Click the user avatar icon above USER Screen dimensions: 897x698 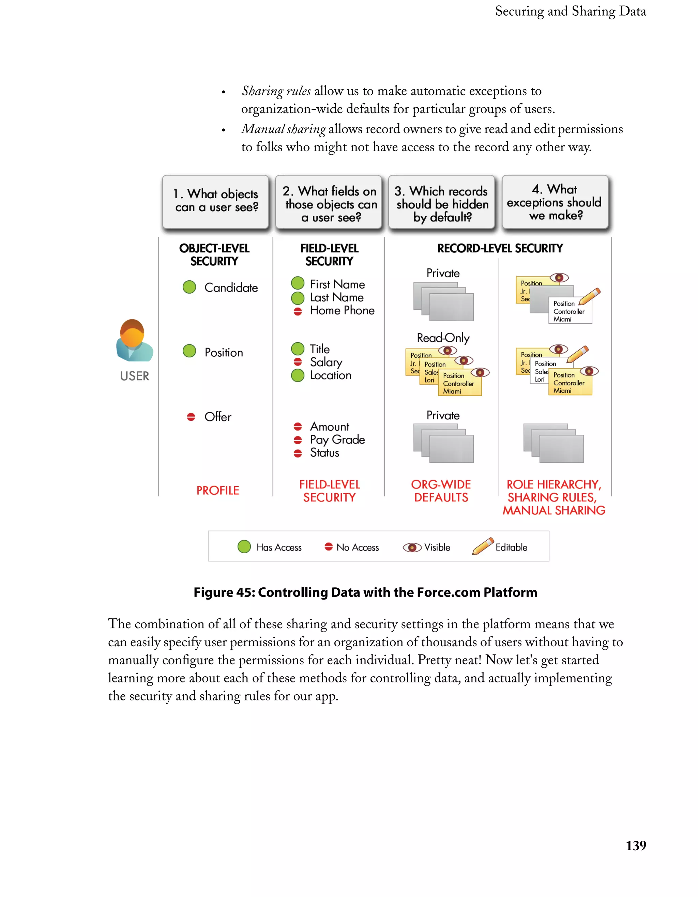tap(134, 340)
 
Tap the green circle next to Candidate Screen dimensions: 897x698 tap(189, 287)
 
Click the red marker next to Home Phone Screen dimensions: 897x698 tap(298, 311)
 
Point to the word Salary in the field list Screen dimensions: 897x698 tap(326, 362)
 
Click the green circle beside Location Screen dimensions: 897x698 tap(298, 375)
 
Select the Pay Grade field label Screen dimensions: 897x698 tap(337, 439)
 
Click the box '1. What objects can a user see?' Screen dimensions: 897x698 tap(216, 201)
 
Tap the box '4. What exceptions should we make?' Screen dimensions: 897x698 tap(555, 201)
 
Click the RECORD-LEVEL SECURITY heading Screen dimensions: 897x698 tap(500, 248)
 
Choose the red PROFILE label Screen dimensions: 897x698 tap(217, 490)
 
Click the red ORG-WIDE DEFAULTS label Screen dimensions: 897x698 tap(441, 491)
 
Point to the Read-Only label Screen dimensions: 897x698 tap(443, 338)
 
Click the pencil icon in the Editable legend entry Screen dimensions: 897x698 tap(482, 546)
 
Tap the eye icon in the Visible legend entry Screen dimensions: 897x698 tap(412, 547)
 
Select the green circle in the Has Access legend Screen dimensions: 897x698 tap(244, 547)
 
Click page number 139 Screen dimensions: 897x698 tap(636, 846)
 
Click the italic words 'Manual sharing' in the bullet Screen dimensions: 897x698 tap(284, 129)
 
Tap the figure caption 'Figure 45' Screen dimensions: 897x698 tap(365, 592)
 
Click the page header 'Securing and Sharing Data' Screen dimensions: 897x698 tap(570, 11)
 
